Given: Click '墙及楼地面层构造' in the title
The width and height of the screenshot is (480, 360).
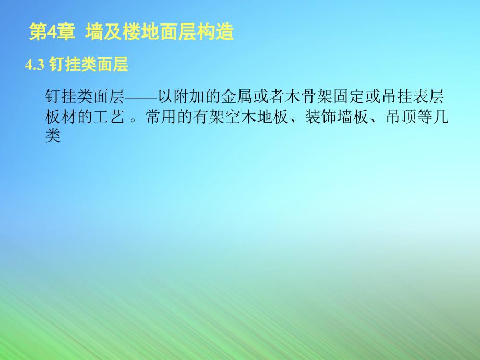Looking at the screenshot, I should tap(159, 33).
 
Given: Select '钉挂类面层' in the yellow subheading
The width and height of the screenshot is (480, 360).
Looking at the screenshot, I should tap(88, 65).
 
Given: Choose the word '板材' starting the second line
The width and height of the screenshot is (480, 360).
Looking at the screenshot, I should tap(62, 117).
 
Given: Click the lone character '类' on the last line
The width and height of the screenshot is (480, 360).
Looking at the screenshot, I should tap(54, 136).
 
